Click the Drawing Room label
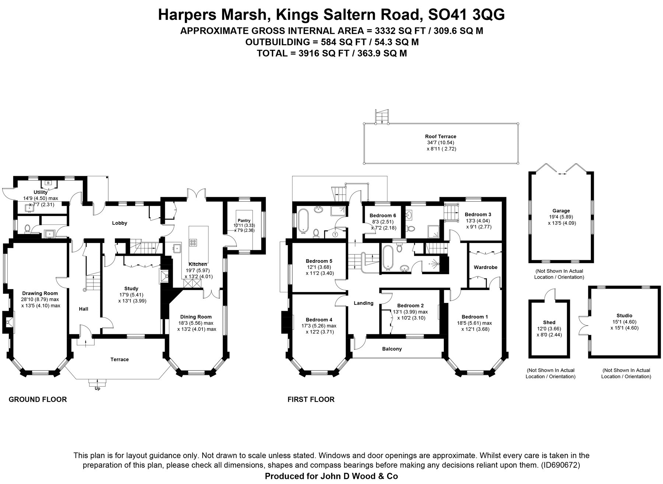pos(40,293)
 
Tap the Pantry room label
pos(244,220)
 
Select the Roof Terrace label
pos(441,136)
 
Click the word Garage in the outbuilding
pos(561,211)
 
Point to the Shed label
pos(549,322)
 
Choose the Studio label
pos(624,316)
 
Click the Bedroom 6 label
pos(383,215)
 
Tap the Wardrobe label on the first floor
pos(485,267)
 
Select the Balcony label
pos(392,349)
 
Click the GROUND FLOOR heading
pos(38,400)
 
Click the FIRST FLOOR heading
pos(311,400)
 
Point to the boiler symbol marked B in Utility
pos(48,182)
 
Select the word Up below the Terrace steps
pos(98,389)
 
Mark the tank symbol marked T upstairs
pos(335,234)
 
